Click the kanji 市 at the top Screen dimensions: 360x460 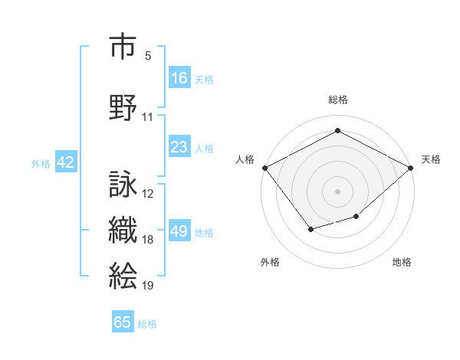pyautogui.click(x=123, y=47)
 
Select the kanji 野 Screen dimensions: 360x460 pyautogui.click(x=123, y=106)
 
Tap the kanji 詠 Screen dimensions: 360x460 pyautogui.click(x=123, y=184)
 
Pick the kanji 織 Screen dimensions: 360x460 pyautogui.click(x=123, y=231)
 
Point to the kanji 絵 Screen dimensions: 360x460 pyautogui.click(x=123, y=276)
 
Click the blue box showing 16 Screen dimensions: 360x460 pyautogui.click(x=179, y=78)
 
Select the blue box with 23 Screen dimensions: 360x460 pyautogui.click(x=179, y=147)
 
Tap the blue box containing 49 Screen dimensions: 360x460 pyautogui.click(x=179, y=232)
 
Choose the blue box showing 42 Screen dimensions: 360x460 pyautogui.click(x=65, y=162)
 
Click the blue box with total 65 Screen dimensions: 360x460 pyautogui.click(x=123, y=322)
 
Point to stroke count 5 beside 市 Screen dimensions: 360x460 pyautogui.click(x=148, y=56)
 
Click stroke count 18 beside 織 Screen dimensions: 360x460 pyautogui.click(x=148, y=240)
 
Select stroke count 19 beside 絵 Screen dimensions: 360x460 pyautogui.click(x=148, y=286)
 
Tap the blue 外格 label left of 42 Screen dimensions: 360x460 pyautogui.click(x=41, y=163)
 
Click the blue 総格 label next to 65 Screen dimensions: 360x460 pyautogui.click(x=147, y=324)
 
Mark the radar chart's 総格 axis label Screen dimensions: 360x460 pyautogui.click(x=338, y=100)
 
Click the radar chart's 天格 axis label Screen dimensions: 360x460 pyautogui.click(x=432, y=159)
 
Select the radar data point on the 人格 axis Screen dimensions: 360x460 pyautogui.click(x=264, y=168)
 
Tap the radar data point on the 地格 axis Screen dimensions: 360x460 pyautogui.click(x=356, y=218)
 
